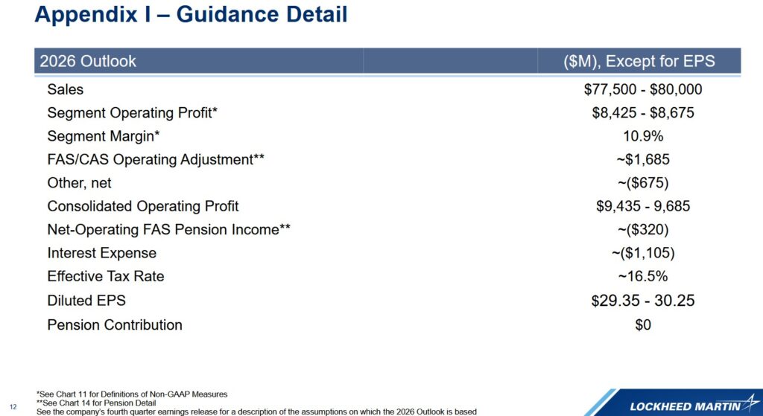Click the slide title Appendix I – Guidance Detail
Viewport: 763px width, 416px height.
point(191,14)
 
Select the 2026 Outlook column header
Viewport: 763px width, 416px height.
point(88,61)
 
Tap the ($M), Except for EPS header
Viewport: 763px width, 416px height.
point(639,61)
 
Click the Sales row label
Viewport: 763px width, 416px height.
point(66,89)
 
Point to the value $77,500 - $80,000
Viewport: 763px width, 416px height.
point(643,89)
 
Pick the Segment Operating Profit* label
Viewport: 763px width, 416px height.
point(132,113)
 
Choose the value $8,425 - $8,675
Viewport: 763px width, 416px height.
point(643,113)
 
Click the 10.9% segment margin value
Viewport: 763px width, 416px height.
point(643,136)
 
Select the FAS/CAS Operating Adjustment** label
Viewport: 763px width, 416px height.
point(156,159)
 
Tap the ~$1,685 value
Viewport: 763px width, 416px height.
point(643,159)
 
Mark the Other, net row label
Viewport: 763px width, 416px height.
point(79,183)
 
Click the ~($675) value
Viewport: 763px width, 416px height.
point(643,183)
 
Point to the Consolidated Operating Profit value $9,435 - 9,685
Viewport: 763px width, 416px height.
point(643,206)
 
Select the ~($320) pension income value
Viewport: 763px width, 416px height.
point(643,229)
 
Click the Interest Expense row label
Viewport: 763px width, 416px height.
point(101,253)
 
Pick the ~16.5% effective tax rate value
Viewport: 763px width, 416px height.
point(643,276)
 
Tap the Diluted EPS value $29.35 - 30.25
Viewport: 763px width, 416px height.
point(643,301)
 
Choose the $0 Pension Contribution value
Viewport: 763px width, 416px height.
point(643,324)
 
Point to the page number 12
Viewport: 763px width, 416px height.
point(13,407)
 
